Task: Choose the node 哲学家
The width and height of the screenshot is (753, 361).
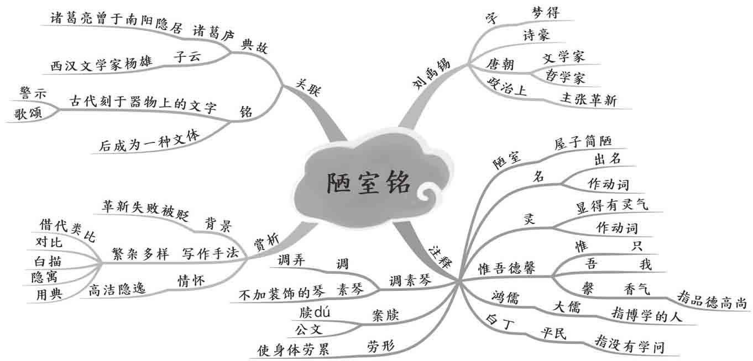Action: click(564, 77)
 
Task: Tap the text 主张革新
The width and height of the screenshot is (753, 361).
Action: click(588, 99)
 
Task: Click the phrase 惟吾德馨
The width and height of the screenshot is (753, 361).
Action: click(507, 269)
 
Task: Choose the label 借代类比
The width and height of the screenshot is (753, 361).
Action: click(67, 230)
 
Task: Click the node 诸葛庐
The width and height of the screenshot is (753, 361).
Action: click(213, 32)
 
